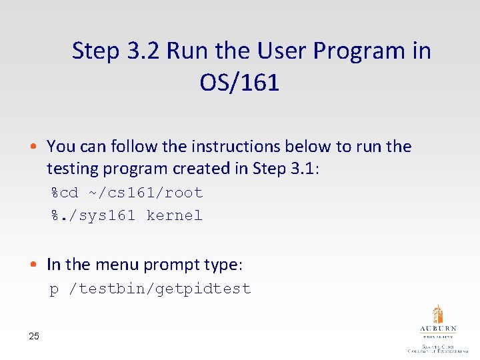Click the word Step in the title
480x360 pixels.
tap(96, 51)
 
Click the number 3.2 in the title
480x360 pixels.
tap(143, 51)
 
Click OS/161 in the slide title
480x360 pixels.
tap(239, 83)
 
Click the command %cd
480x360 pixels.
tap(65, 193)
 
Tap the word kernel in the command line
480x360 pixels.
tap(174, 216)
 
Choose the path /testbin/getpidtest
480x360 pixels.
tap(165, 289)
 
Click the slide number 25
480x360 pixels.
tap(34, 336)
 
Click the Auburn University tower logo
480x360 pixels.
tap(437, 321)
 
